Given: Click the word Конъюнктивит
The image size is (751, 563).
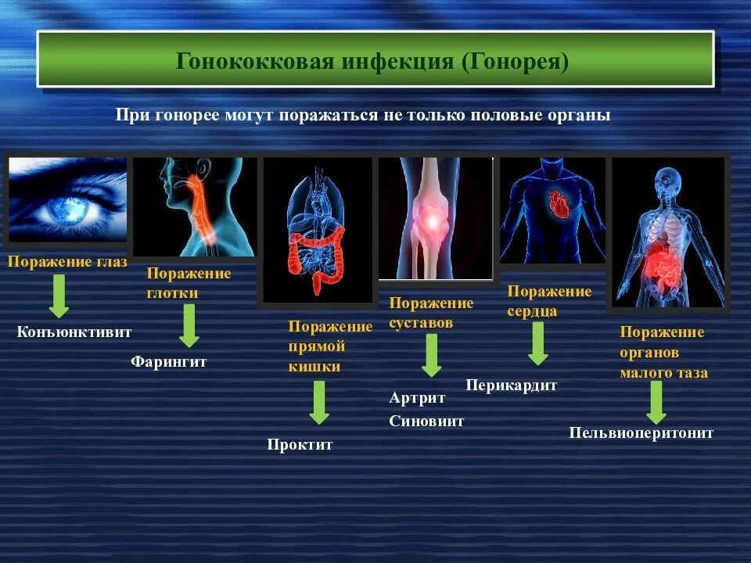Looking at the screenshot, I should [74, 332].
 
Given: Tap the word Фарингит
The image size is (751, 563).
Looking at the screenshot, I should [168, 362].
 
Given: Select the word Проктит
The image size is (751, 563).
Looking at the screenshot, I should [300, 445].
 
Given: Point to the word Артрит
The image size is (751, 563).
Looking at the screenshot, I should [417, 398].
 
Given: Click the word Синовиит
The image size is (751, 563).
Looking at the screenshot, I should [426, 421].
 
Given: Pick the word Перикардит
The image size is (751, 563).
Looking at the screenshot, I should [512, 385].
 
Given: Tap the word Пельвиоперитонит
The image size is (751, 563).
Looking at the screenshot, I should [641, 432].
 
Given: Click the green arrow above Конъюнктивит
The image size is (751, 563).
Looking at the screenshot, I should [59, 296].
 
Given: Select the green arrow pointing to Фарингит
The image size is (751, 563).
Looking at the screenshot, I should [189, 325].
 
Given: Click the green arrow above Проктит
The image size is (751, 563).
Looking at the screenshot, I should [318, 402].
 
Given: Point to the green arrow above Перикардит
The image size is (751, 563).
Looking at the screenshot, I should [537, 343].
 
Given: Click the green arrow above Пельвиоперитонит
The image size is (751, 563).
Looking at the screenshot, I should [656, 402].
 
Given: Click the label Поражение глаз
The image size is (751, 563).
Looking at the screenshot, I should [67, 262].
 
